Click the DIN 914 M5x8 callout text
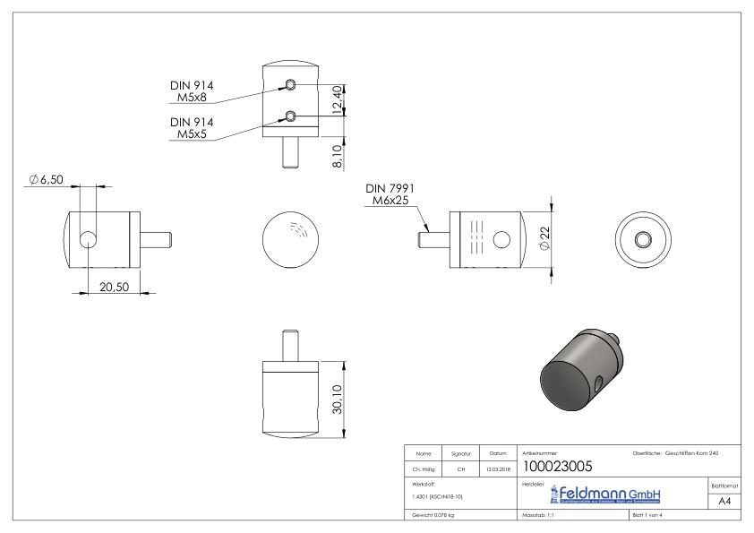(x=193, y=91)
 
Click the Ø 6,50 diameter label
(x=44, y=181)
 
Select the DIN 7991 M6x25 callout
(x=387, y=195)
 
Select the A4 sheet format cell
(x=726, y=503)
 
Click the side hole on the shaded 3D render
(x=596, y=384)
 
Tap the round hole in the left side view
(x=90, y=239)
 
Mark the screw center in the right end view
(x=644, y=239)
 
